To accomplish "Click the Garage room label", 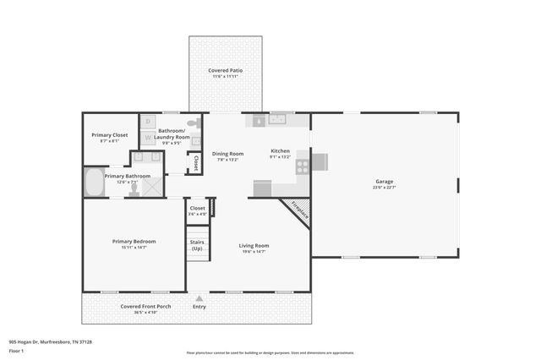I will click(x=385, y=181).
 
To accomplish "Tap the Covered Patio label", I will click(x=224, y=70).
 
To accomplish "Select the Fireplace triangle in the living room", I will click(x=299, y=210).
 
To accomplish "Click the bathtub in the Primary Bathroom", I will click(x=93, y=183).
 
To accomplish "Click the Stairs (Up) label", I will click(x=197, y=245).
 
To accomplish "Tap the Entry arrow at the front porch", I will click(x=199, y=298).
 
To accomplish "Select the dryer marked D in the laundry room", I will click(x=146, y=122).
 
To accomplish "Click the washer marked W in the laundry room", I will click(x=146, y=136).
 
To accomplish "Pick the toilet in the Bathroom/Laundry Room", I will click(x=193, y=123).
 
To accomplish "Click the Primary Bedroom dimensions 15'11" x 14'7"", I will click(x=134, y=248).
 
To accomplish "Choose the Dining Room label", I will click(x=228, y=153).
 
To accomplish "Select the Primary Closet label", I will click(x=109, y=135).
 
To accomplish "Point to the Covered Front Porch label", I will click(x=145, y=306).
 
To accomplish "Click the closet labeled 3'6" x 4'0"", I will click(x=197, y=214).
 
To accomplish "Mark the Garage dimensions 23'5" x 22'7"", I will click(x=385, y=188).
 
